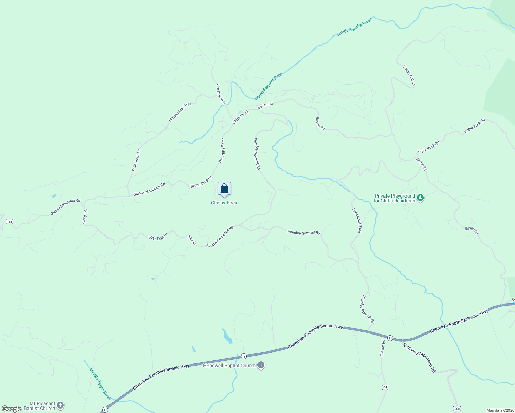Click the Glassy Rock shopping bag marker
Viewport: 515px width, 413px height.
coord(224,189)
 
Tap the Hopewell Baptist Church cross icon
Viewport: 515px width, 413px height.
coord(261,365)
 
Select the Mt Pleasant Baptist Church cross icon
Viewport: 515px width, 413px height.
coord(60,405)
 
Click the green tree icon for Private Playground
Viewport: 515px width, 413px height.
coord(420,198)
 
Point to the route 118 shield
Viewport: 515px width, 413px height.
coord(9,221)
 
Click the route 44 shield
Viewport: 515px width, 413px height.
coord(385,387)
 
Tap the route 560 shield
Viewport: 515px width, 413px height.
coord(456,409)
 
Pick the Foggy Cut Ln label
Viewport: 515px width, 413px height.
coord(409,76)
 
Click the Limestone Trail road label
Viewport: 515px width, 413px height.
coord(357,221)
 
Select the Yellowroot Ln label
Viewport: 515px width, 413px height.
coord(136,160)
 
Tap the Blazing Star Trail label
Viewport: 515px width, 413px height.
coord(180,112)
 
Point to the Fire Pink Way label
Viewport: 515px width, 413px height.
coord(221,94)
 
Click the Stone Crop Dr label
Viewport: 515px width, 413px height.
coord(201,182)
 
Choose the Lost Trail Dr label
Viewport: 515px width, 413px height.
coord(157,237)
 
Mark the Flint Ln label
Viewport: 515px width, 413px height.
coord(192,240)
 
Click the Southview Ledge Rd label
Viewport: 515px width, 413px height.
coord(220,236)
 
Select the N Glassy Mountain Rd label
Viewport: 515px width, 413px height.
coord(419,358)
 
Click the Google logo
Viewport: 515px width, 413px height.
coord(12,409)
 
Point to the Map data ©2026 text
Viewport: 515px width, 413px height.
coord(500,410)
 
